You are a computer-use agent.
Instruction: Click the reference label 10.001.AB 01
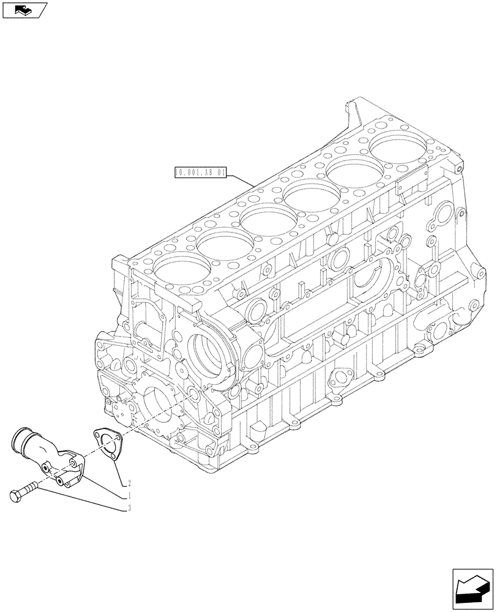pyautogui.click(x=200, y=174)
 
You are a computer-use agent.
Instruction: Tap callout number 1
pyautogui.click(x=130, y=494)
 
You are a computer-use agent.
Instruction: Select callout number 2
pyautogui.click(x=130, y=481)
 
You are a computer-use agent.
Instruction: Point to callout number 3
pyautogui.click(x=130, y=507)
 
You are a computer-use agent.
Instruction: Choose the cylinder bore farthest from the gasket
pyautogui.click(x=398, y=147)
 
